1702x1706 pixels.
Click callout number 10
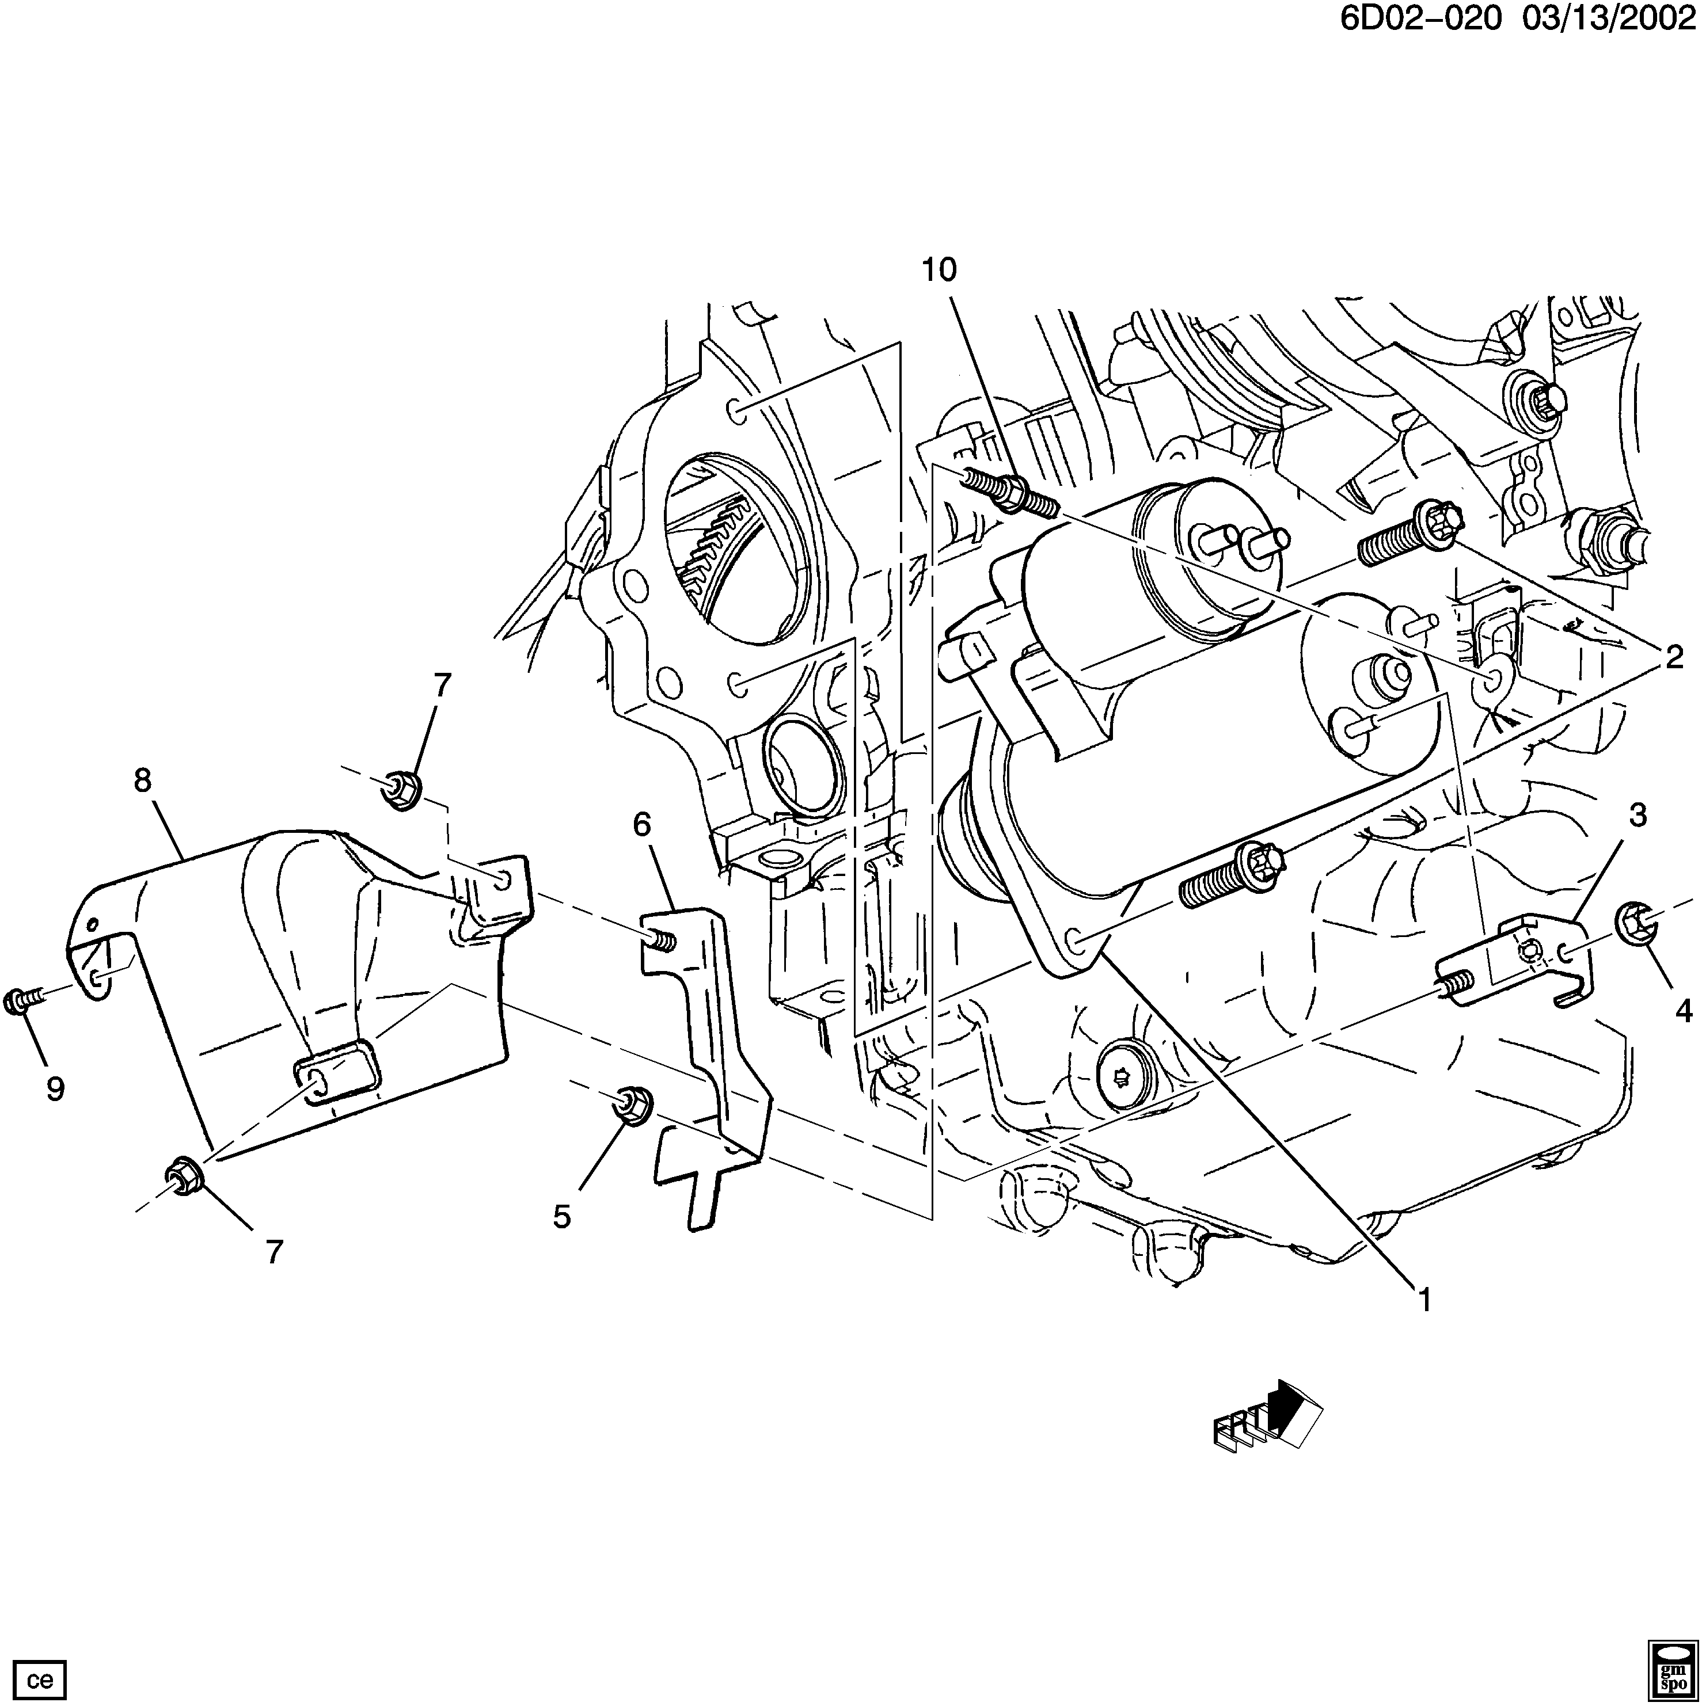pos(939,270)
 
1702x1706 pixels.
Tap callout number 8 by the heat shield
pos(142,780)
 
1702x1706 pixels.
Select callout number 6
pos(642,825)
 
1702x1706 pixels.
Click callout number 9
pos(55,1090)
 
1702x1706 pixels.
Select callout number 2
pos(1674,657)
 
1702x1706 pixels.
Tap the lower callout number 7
pos(275,1251)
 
